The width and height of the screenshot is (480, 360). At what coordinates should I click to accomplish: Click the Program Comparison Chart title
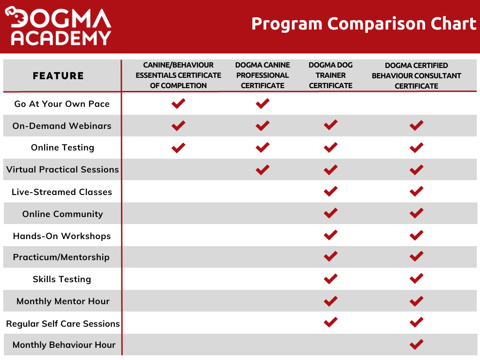[x=363, y=23]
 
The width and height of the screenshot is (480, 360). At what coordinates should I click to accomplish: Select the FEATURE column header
[x=58, y=75]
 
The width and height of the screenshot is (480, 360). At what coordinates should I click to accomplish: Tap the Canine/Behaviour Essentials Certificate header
[x=178, y=75]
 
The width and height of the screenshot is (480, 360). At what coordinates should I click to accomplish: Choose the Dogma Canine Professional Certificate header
[x=262, y=75]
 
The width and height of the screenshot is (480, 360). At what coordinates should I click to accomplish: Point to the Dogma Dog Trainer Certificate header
[x=330, y=75]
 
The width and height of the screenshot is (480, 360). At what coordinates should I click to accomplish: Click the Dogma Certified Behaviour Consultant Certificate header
[x=416, y=75]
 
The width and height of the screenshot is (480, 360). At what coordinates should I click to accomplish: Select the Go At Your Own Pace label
[x=62, y=104]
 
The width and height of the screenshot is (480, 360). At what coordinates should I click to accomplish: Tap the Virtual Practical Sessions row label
[x=62, y=169]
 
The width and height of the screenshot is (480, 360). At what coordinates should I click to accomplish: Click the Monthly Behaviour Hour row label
[x=64, y=345]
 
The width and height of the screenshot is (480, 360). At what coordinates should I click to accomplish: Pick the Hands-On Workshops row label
[x=62, y=236]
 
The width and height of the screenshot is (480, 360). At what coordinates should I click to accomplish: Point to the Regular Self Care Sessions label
[x=63, y=323]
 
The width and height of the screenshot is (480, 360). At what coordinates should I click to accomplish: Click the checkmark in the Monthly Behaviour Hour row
[x=416, y=345]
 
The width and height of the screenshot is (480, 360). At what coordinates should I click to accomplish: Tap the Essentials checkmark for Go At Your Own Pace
[x=178, y=104]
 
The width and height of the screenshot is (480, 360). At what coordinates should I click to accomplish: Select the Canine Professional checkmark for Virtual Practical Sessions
[x=262, y=169]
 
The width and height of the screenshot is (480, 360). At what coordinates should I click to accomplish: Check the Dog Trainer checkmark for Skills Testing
[x=330, y=279]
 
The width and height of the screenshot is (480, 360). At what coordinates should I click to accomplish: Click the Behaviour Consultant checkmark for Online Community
[x=416, y=213]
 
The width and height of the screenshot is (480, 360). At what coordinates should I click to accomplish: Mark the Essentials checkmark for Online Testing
[x=178, y=148]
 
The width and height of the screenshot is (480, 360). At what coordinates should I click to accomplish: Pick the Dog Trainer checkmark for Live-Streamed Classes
[x=330, y=191]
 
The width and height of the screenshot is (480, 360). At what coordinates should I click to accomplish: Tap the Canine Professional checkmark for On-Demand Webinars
[x=262, y=126]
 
